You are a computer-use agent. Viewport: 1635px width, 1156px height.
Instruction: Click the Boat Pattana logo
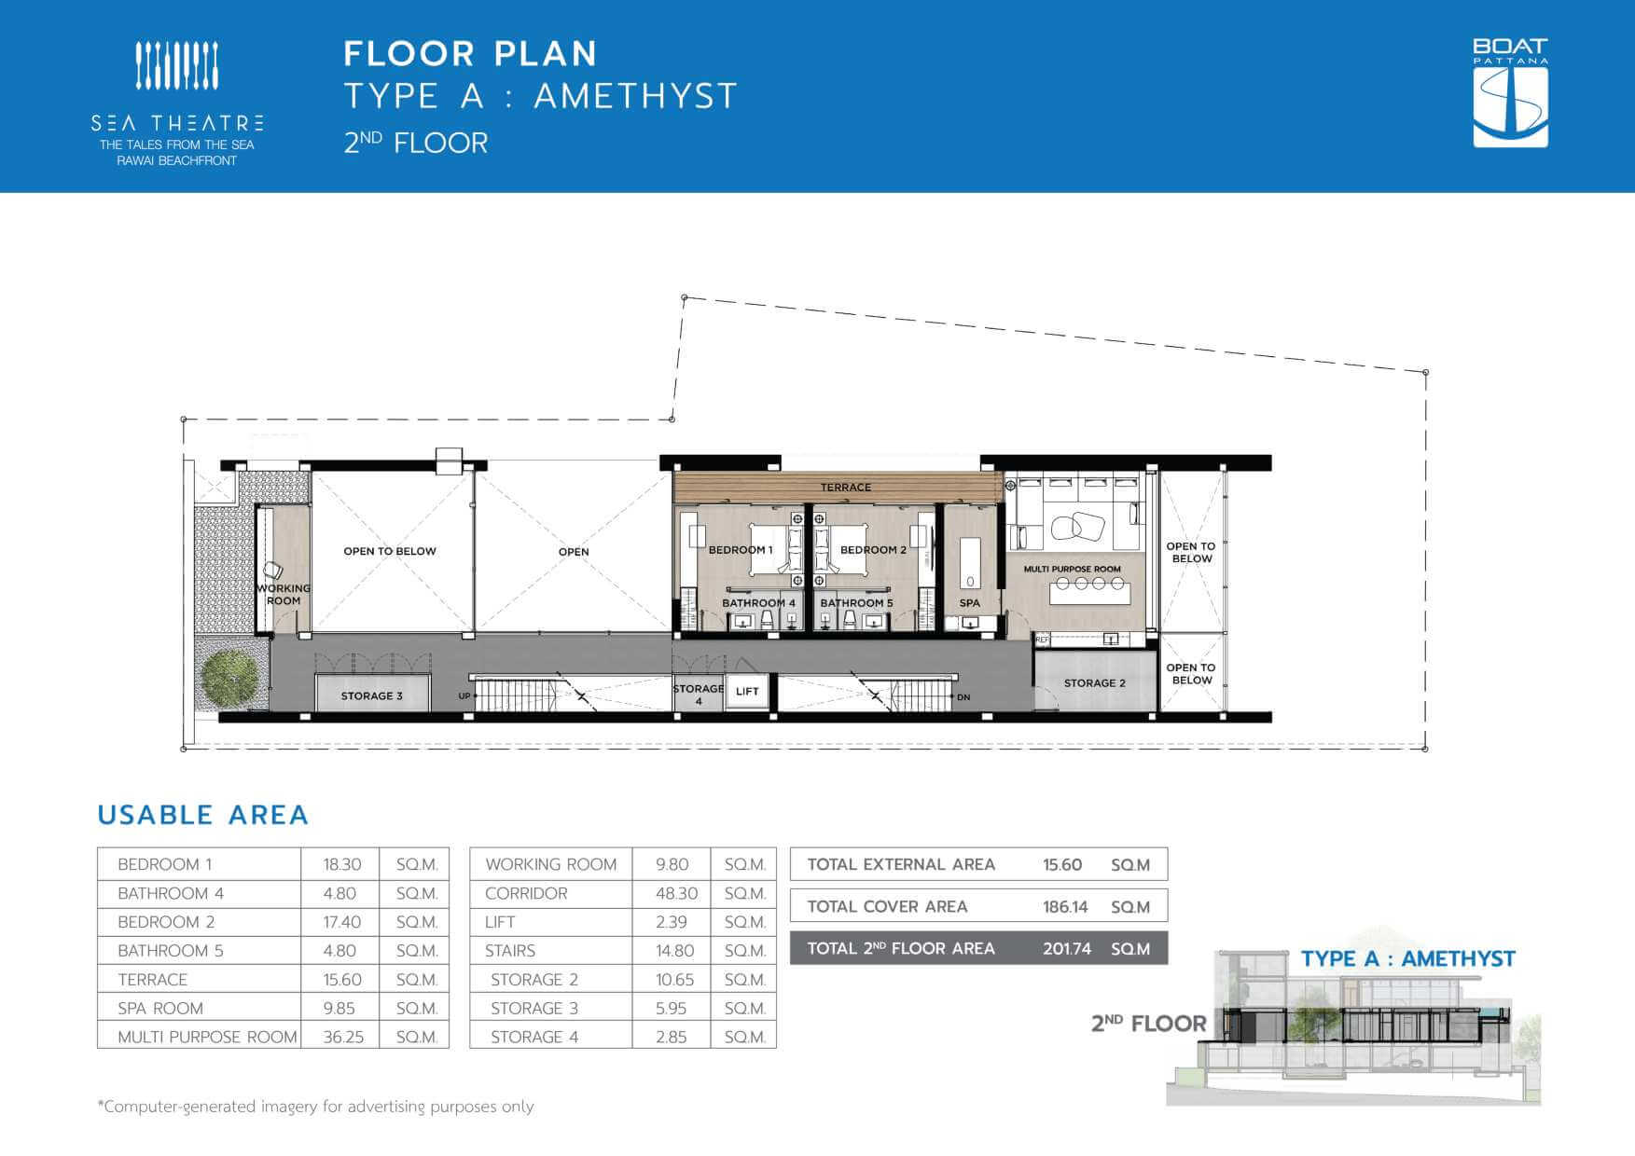click(1510, 92)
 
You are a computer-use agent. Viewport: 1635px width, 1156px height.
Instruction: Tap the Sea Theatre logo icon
click(177, 65)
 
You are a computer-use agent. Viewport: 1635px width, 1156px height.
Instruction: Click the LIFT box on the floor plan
click(747, 692)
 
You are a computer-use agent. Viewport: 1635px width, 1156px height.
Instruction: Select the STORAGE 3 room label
click(371, 696)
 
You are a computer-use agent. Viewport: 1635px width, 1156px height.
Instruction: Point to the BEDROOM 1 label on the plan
click(741, 550)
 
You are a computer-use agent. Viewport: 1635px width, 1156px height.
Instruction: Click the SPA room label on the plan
click(970, 603)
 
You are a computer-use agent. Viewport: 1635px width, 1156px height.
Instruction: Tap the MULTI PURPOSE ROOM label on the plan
click(1073, 569)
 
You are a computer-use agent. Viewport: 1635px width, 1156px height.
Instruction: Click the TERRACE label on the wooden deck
click(846, 488)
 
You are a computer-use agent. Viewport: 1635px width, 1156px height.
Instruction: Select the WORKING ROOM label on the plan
click(284, 595)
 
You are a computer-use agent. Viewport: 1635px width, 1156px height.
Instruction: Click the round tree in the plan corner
click(229, 678)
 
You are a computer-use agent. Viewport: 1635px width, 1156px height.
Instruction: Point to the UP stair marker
click(464, 696)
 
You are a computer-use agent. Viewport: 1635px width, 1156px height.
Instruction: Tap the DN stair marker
click(963, 697)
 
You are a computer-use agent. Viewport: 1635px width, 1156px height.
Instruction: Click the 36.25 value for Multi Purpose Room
click(343, 1037)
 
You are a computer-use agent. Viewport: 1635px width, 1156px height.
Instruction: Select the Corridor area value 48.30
click(677, 893)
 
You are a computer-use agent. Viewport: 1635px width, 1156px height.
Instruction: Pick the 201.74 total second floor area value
click(1067, 949)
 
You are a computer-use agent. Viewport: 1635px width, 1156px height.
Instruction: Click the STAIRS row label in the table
click(510, 951)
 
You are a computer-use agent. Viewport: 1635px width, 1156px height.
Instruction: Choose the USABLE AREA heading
click(202, 815)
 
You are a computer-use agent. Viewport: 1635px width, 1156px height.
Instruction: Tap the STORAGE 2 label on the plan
click(1095, 683)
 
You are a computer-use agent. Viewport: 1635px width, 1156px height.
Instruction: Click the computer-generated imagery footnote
click(315, 1107)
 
